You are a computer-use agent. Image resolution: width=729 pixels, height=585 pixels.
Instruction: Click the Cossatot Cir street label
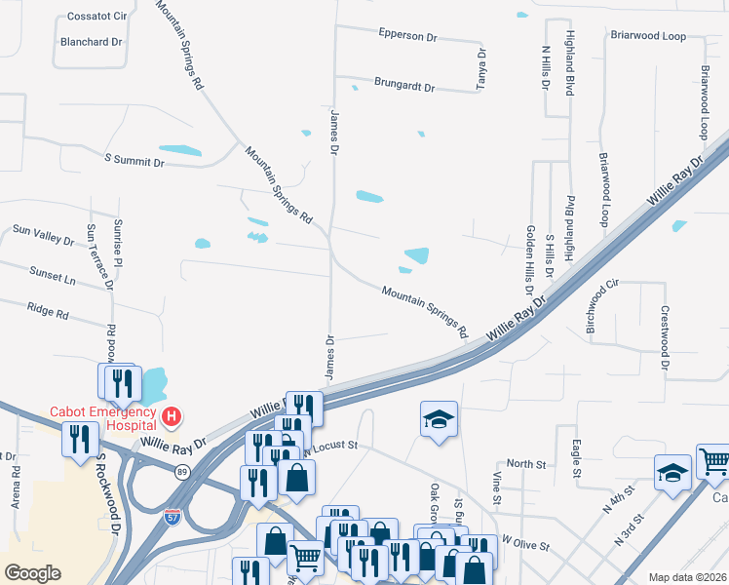(97, 18)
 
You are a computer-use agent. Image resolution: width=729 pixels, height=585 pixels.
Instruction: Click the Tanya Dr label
(480, 70)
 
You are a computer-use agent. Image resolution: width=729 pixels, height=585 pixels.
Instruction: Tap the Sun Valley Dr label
(42, 234)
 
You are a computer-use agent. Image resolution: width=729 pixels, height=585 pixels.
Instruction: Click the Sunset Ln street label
(52, 274)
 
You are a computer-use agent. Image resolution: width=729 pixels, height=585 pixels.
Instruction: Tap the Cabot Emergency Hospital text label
(104, 419)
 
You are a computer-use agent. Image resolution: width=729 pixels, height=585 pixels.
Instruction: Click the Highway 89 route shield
(182, 472)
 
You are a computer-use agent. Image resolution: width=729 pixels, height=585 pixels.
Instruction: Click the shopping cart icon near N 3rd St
(713, 461)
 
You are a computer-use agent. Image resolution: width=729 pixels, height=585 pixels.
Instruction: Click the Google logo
(33, 572)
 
